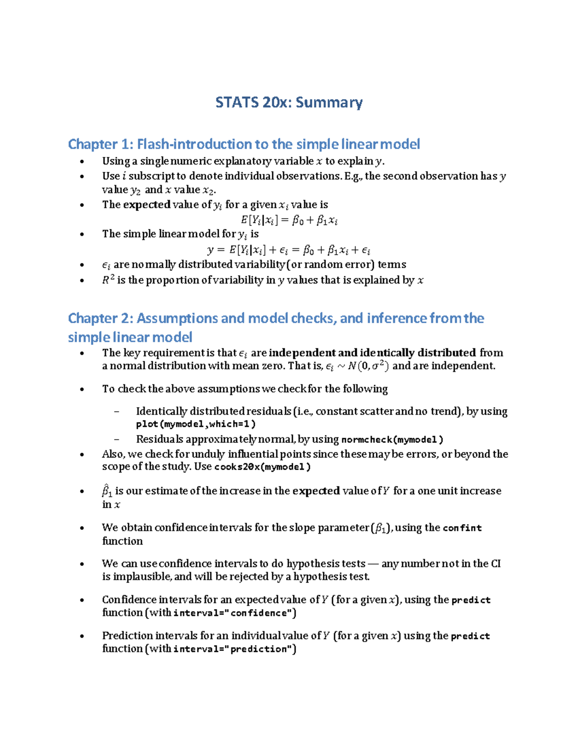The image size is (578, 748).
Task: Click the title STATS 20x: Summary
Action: click(289, 103)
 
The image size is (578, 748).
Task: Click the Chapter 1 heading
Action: click(244, 144)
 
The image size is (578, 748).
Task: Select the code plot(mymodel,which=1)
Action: click(196, 424)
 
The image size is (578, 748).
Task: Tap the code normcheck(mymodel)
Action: click(392, 439)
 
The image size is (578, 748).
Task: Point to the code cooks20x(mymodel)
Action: click(263, 467)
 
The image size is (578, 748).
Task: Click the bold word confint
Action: click(462, 528)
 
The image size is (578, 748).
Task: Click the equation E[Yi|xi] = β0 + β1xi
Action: click(289, 221)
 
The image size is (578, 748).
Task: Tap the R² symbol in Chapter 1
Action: click(108, 280)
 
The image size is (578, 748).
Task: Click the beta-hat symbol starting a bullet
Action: click(107, 491)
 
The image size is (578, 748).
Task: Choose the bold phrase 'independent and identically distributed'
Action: click(372, 353)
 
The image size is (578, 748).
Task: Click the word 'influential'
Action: click(256, 454)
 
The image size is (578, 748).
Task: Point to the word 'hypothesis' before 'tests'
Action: click(313, 564)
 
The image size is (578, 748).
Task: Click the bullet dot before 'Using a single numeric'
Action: click(82, 161)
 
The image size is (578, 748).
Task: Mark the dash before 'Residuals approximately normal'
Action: click(116, 439)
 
